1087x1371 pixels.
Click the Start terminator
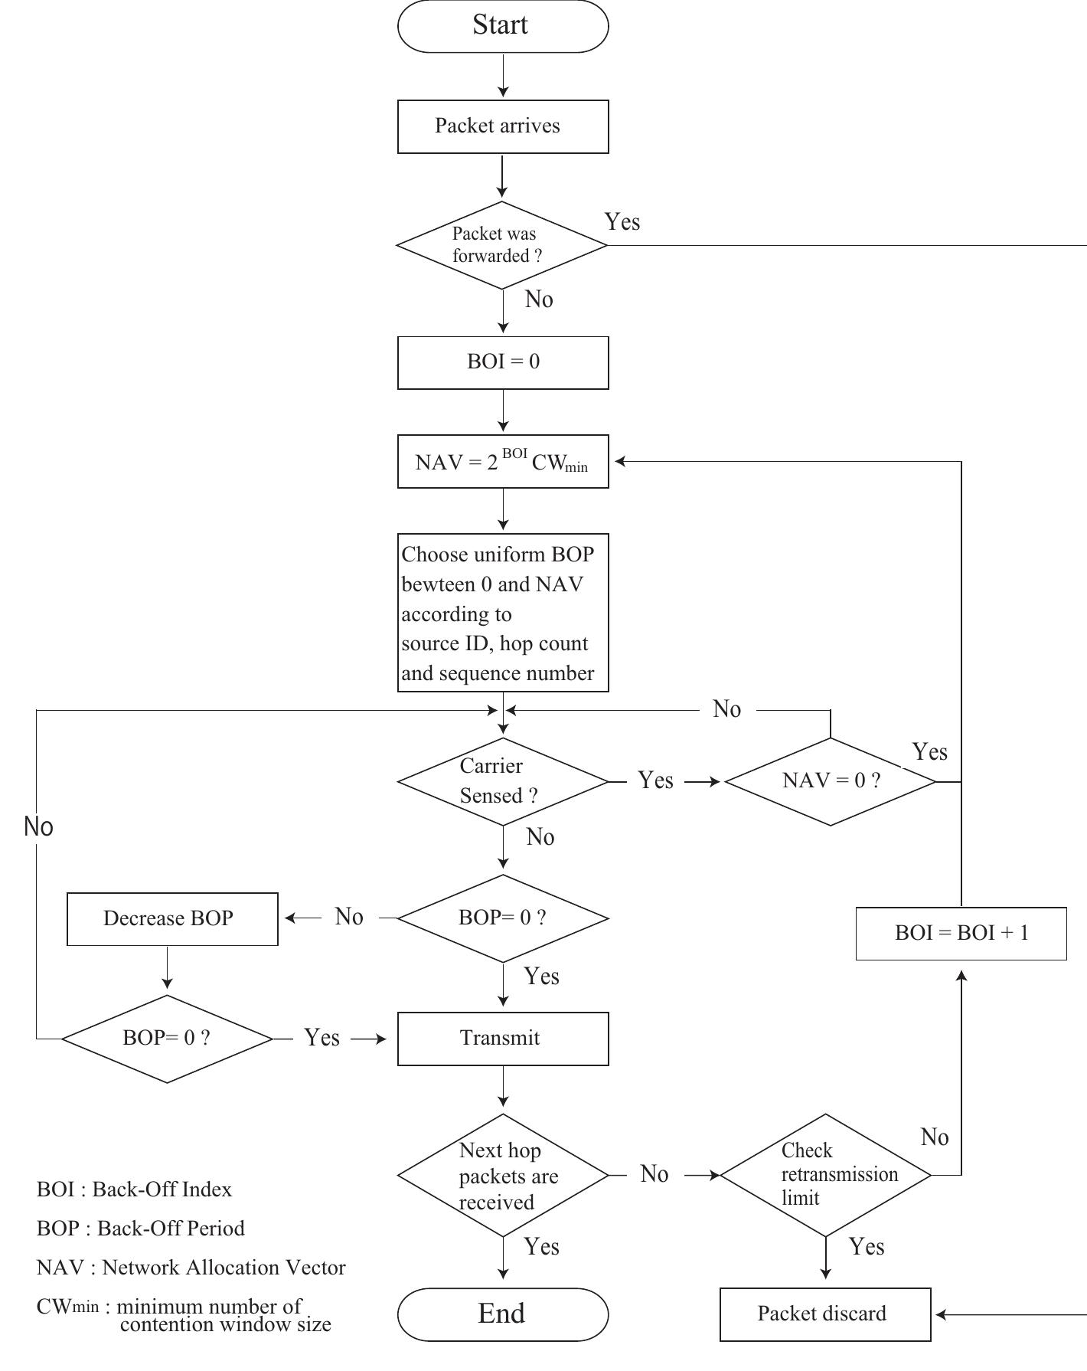click(x=503, y=25)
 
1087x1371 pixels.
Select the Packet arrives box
click(x=503, y=126)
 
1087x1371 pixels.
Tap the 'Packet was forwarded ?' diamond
click(x=502, y=245)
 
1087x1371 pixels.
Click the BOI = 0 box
click(x=503, y=362)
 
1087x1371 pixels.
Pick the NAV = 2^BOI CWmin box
click(x=503, y=462)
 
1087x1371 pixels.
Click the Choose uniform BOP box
click(x=503, y=613)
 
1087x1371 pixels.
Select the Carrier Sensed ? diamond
click(x=503, y=781)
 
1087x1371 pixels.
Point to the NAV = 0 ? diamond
click(x=831, y=781)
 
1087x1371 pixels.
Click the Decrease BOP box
click(x=172, y=918)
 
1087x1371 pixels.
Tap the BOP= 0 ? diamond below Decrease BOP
click(x=167, y=1039)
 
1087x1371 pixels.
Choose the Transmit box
click(x=503, y=1039)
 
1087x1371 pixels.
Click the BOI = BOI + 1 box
click(x=961, y=933)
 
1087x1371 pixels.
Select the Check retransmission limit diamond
click(x=826, y=1174)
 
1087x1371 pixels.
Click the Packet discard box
click(x=825, y=1314)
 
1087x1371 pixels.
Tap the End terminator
click(x=503, y=1314)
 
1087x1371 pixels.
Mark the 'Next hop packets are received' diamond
click(x=503, y=1175)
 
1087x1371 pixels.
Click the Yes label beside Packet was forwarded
click(x=622, y=222)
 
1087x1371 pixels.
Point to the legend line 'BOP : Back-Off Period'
click(x=141, y=1229)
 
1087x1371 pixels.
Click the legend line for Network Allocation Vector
click(x=191, y=1268)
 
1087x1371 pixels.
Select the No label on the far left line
click(x=38, y=827)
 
